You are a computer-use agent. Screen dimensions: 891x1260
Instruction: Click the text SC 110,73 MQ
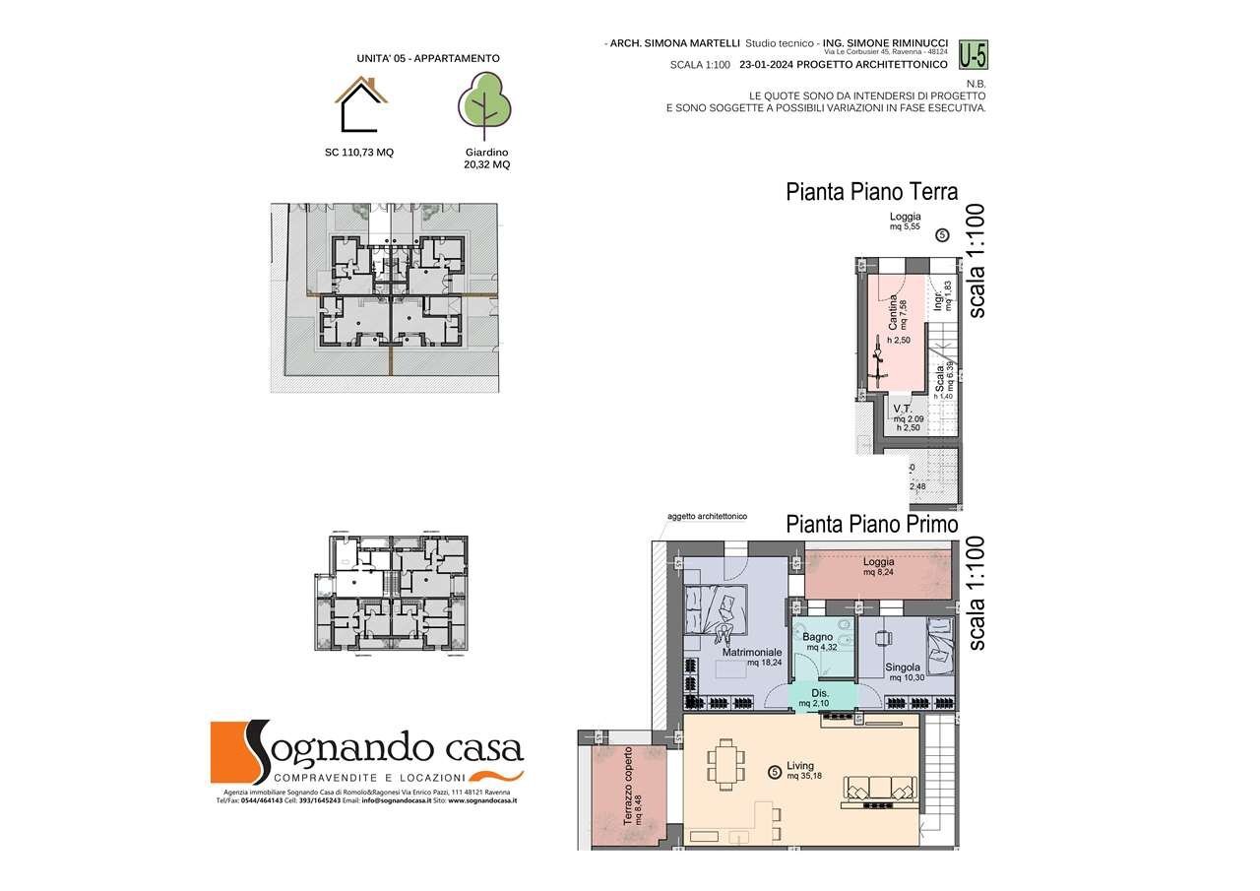click(359, 153)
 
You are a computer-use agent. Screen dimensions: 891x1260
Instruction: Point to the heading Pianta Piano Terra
click(871, 192)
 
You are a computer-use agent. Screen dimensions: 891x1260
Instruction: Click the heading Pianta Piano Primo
click(871, 525)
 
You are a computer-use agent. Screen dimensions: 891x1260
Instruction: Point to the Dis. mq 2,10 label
click(821, 698)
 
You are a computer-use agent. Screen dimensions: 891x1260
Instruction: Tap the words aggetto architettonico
click(707, 516)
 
